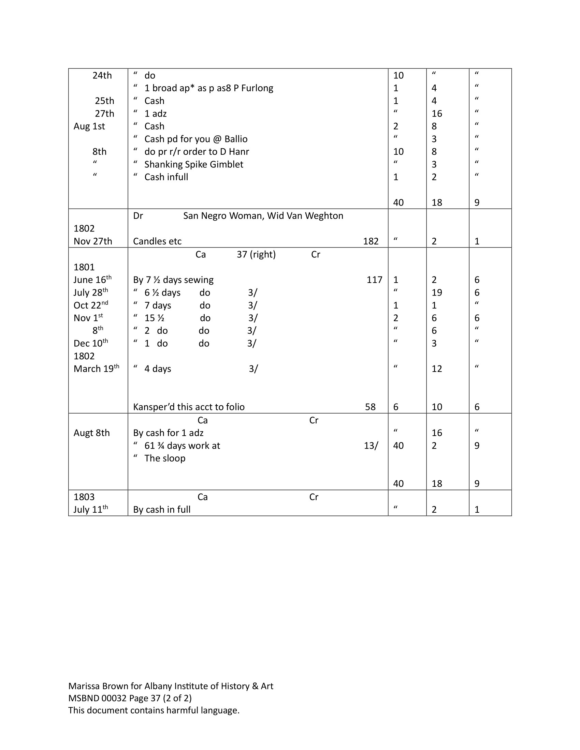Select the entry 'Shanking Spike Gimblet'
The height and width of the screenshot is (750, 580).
pyautogui.click(x=193, y=165)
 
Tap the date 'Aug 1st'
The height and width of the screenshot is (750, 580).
pyautogui.click(x=89, y=126)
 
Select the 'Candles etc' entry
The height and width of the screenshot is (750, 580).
pyautogui.click(x=157, y=241)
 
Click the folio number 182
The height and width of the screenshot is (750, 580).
pyautogui.click(x=371, y=241)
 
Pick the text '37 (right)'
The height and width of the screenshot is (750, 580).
pyautogui.click(x=256, y=254)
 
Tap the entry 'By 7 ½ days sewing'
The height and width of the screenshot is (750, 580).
pyautogui.click(x=173, y=280)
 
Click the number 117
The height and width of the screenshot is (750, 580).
pyautogui.click(x=374, y=280)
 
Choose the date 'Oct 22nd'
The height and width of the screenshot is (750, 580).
pyautogui.click(x=90, y=305)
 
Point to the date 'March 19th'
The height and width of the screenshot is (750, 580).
pyautogui.click(x=96, y=369)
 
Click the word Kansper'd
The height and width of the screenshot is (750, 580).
pyautogui.click(x=154, y=407)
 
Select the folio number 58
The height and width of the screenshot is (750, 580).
pyautogui.click(x=370, y=407)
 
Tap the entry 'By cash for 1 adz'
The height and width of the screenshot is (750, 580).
pyautogui.click(x=168, y=433)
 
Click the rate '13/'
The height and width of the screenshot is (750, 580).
pyautogui.click(x=371, y=446)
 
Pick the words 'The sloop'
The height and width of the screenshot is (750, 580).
pyautogui.click(x=164, y=459)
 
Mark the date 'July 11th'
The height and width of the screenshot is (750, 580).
pyautogui.click(x=90, y=510)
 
